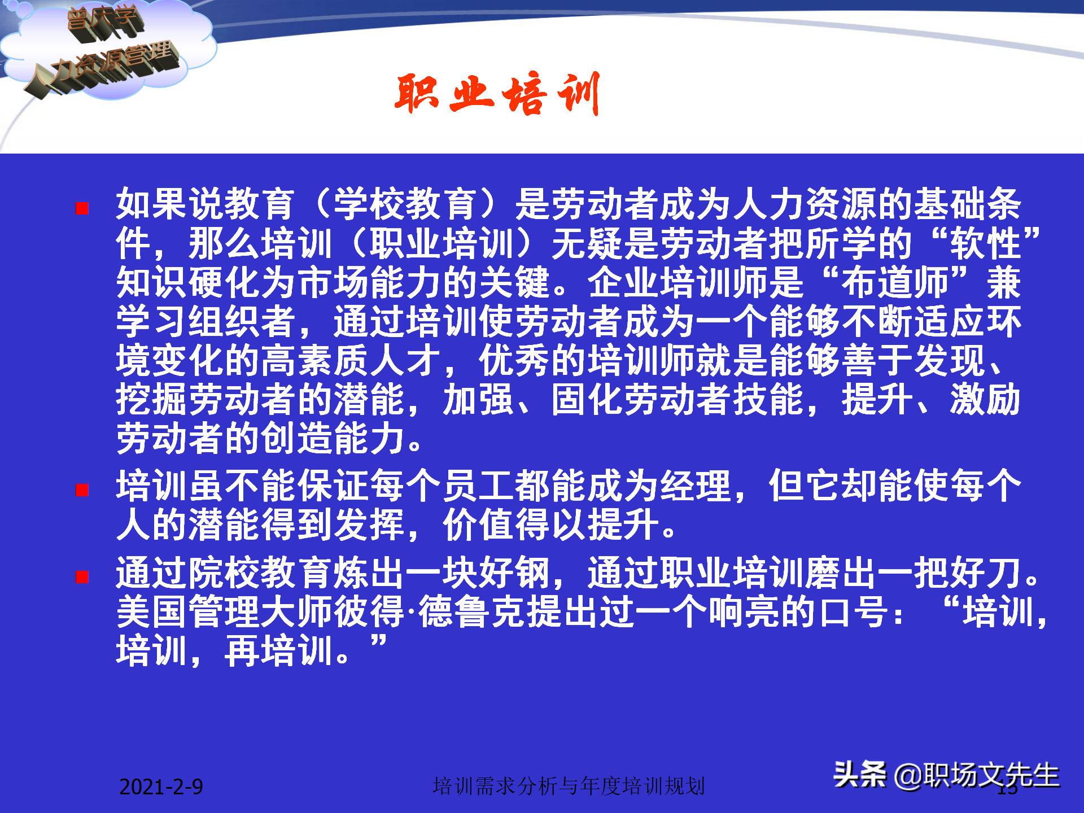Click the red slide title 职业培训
coord(497,94)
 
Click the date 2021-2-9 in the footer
coord(161,786)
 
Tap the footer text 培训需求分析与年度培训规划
coord(569,785)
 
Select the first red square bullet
coord(82,208)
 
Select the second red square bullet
coord(82,490)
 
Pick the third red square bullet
coord(82,577)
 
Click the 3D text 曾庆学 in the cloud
coord(104,21)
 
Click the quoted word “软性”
coord(985,243)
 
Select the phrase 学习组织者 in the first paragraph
coord(206,322)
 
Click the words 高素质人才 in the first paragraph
coord(350,361)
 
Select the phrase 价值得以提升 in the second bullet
coord(550,525)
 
